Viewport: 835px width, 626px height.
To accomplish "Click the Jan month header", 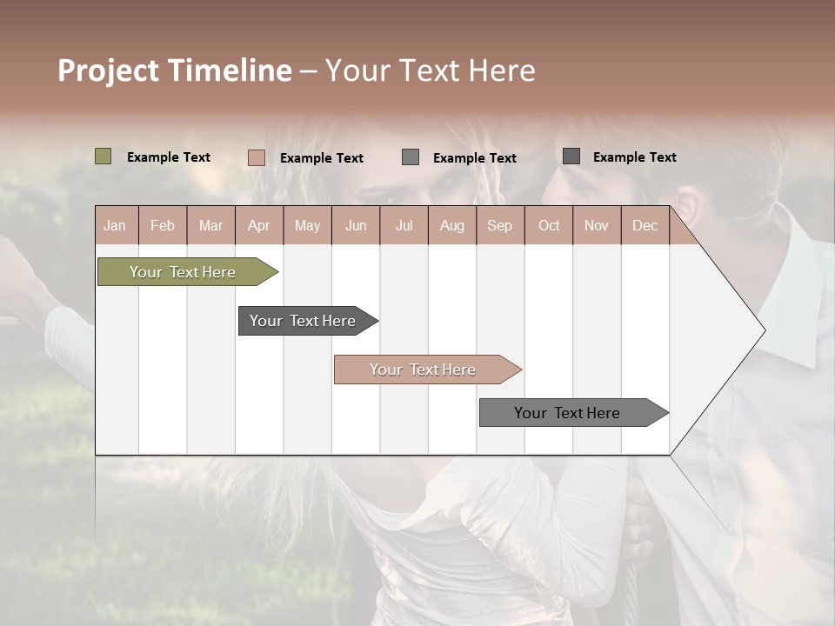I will click(x=115, y=225).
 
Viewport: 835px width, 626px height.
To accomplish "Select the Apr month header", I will click(x=258, y=225).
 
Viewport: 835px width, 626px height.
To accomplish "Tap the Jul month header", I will click(x=404, y=225).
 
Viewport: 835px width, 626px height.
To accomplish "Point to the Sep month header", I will click(x=499, y=225).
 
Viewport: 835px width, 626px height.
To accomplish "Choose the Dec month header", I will click(x=645, y=225).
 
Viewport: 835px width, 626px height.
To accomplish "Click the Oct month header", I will click(x=548, y=225).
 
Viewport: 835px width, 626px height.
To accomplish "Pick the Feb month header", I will click(x=163, y=225).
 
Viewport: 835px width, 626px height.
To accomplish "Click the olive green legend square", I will click(x=103, y=156).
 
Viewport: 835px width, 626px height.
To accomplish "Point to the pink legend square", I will click(x=256, y=157).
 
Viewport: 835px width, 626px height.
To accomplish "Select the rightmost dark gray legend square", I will click(x=571, y=156).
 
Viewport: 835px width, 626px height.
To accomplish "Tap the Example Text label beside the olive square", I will click(x=169, y=157).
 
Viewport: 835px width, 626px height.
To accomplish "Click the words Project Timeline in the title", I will click(x=174, y=70).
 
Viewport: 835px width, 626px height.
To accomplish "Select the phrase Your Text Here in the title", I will click(x=430, y=70).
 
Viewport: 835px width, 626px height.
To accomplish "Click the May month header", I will click(x=307, y=225).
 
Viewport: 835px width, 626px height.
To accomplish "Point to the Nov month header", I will click(x=596, y=225).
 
